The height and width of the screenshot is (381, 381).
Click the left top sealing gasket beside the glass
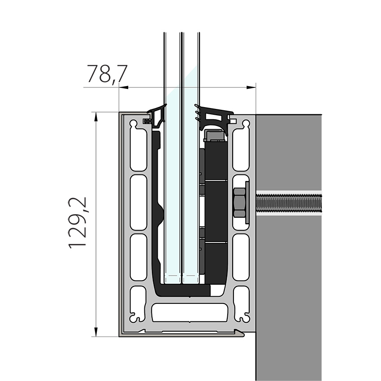click(x=157, y=116)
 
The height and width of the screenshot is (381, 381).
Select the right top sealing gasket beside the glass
click(x=213, y=117)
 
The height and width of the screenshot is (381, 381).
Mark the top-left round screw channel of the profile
click(x=133, y=123)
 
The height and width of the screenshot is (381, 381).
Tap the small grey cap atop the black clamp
click(x=215, y=134)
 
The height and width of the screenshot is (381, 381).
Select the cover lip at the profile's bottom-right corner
click(x=240, y=333)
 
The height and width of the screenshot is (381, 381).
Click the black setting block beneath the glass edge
click(x=184, y=290)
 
